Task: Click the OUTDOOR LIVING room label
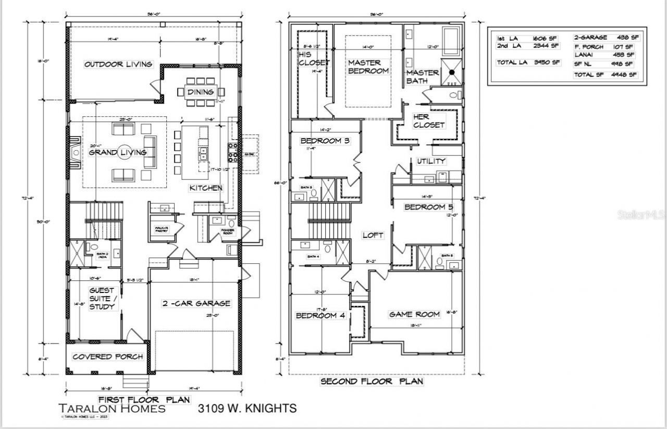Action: pos(118,64)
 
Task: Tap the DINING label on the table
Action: pos(201,92)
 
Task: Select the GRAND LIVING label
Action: pos(117,153)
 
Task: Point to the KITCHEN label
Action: pos(206,188)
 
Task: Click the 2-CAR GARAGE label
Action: pos(195,303)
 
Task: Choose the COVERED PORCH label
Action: pos(107,357)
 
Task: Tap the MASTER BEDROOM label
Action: pos(368,66)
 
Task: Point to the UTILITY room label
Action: pos(431,161)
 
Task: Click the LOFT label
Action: pos(373,235)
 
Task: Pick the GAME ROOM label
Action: pos(415,314)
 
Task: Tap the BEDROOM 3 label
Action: pos(325,141)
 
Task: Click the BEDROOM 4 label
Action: pos(320,315)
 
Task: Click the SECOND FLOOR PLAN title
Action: pos(372,382)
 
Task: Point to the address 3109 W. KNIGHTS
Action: pos(247,408)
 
